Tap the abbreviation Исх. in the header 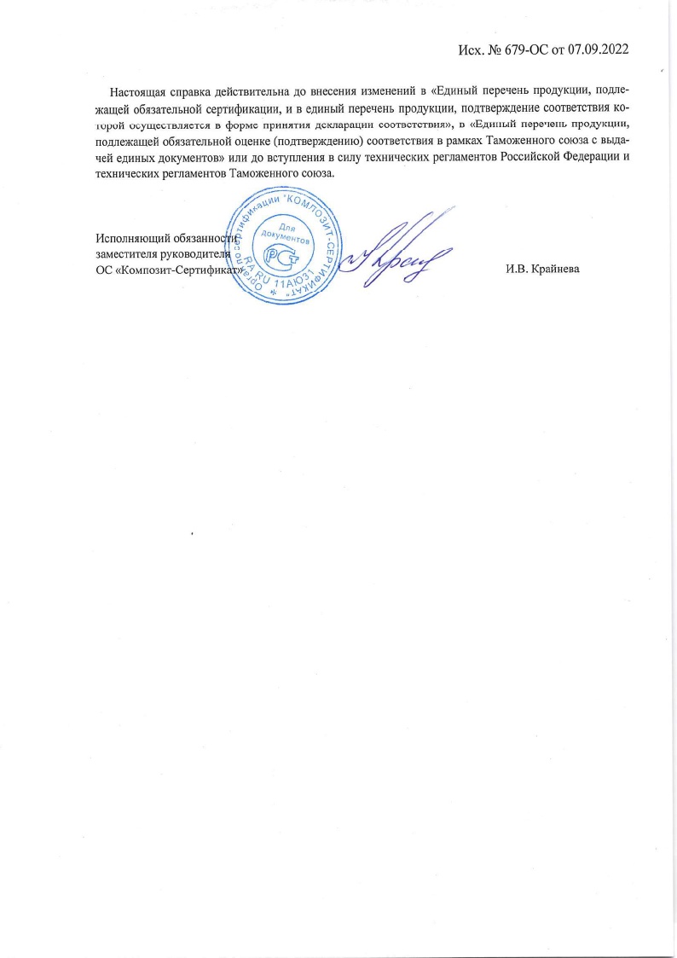474,49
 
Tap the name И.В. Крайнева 542,270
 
